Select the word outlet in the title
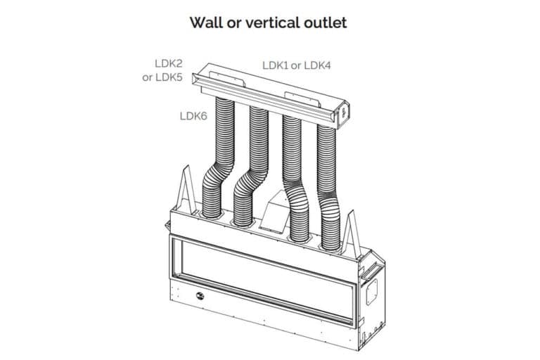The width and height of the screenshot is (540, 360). click(x=326, y=22)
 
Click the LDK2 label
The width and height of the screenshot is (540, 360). click(x=169, y=63)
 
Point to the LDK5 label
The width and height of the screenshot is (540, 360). click(x=169, y=77)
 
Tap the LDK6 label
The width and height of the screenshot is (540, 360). click(x=193, y=116)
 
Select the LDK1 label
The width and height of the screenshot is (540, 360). click(x=275, y=65)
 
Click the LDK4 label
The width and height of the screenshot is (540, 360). click(x=317, y=65)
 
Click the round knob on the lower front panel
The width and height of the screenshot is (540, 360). click(x=200, y=295)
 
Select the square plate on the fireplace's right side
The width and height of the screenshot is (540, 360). click(x=371, y=291)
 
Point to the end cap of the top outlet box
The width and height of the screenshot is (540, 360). click(x=342, y=115)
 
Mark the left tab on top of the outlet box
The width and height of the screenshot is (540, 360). click(x=227, y=79)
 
